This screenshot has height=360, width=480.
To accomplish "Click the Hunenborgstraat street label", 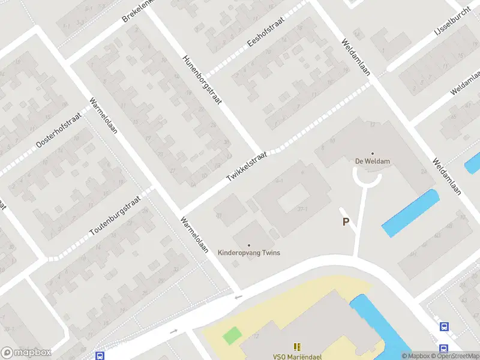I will click(203, 80).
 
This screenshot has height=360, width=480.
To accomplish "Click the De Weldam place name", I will click(372, 161).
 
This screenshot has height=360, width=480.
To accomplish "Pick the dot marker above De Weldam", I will click(372, 153).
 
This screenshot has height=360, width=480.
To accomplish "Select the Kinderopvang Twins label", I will click(249, 253).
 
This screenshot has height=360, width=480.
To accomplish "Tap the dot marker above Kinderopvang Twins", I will click(249, 245).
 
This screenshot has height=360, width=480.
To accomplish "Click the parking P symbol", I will click(346, 222).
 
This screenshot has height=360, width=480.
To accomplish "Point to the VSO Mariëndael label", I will click(297, 356).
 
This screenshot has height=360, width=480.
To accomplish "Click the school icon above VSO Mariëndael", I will click(297, 347).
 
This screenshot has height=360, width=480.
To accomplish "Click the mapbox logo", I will click(26, 353).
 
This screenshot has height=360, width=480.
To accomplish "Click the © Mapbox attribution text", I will click(416, 356).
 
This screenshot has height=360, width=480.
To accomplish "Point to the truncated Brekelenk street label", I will click(139, 10).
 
